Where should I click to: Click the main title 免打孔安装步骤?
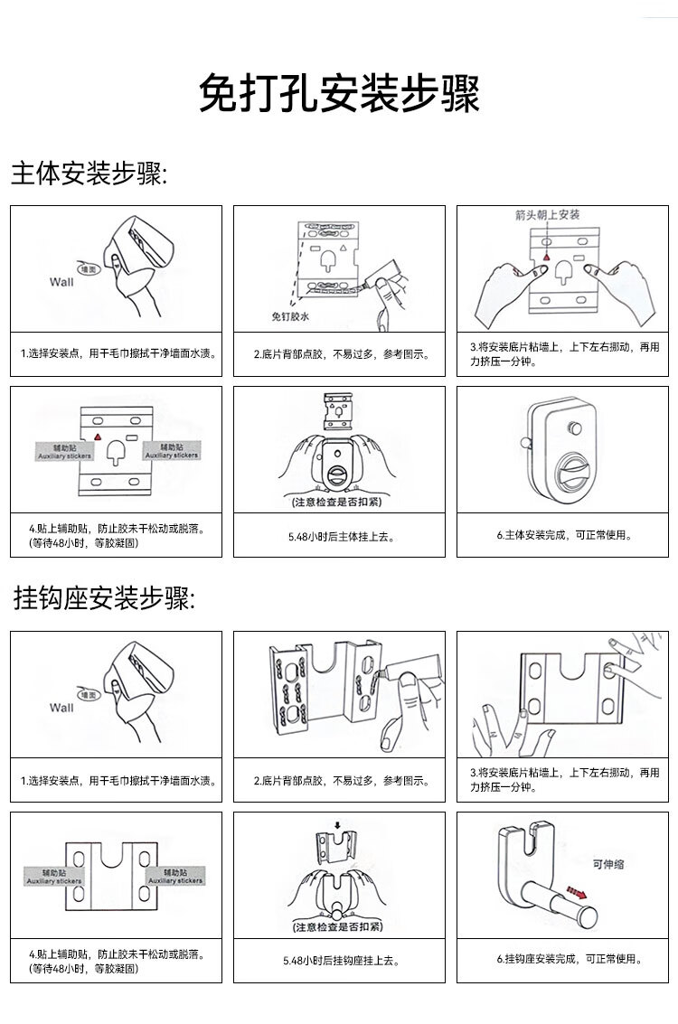coord(339,93)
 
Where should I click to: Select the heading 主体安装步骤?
coord(89,174)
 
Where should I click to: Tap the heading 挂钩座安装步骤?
coord(104,598)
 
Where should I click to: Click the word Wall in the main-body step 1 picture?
coord(61,281)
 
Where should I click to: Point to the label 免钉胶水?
coord(290,317)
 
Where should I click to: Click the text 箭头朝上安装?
coord(547,214)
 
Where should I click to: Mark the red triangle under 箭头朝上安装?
coord(546,259)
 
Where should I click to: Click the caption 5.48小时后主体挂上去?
coord(339,536)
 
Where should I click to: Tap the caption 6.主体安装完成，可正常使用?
coord(564,535)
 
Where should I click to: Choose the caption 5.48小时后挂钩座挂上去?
coord(339,962)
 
